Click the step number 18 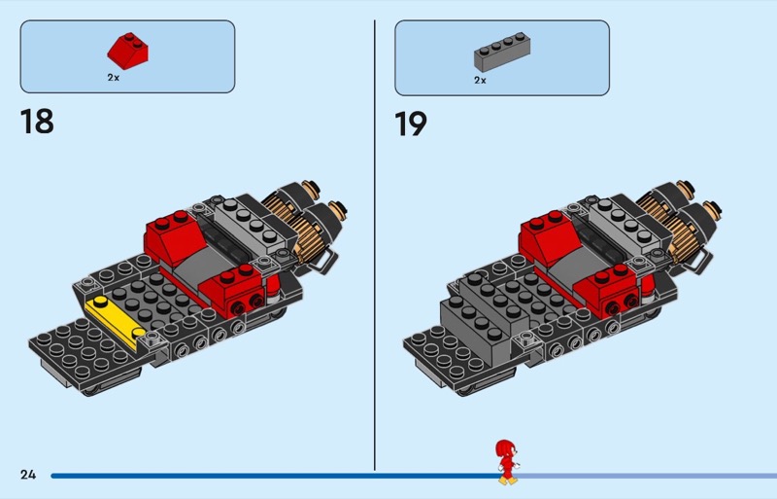coord(37,122)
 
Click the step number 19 coord(410,124)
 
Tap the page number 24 coord(28,475)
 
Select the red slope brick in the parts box coord(127,52)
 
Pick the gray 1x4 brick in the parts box coord(502,53)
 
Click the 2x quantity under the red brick coord(114,78)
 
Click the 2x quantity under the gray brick coord(480,80)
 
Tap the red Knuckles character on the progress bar coord(507,462)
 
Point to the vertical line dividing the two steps coord(375,245)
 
